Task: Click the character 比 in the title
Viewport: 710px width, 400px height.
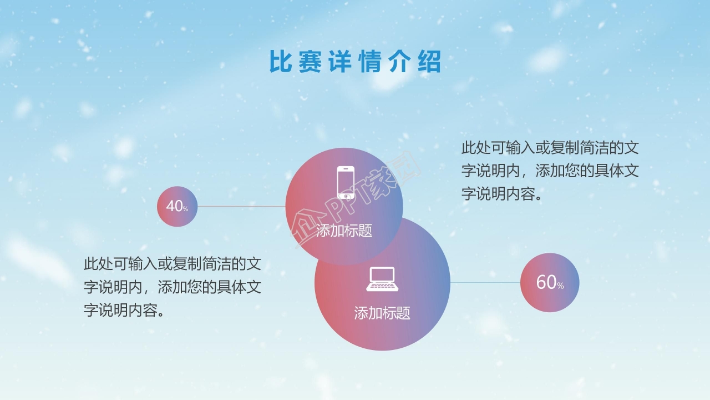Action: pyautogui.click(x=280, y=62)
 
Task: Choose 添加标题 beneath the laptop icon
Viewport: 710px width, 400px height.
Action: pyautogui.click(x=382, y=313)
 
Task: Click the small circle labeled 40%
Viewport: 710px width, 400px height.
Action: pyautogui.click(x=177, y=206)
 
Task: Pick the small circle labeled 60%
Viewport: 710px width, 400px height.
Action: pyautogui.click(x=549, y=282)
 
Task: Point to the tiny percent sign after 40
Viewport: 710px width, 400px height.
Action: pyautogui.click(x=186, y=209)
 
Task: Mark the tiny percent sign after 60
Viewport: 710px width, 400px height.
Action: pyautogui.click(x=560, y=286)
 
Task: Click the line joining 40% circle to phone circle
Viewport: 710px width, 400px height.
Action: pyautogui.click(x=241, y=206)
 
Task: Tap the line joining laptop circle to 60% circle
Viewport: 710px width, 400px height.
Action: pyautogui.click(x=485, y=282)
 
